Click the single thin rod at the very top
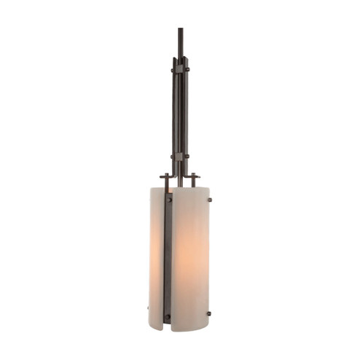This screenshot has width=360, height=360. [179, 40]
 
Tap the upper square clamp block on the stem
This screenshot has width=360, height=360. [179, 69]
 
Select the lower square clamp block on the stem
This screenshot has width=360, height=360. [179, 156]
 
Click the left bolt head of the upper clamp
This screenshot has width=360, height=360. [173, 69]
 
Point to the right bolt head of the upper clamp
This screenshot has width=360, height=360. [187, 69]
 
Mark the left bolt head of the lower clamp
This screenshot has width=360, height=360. [173, 156]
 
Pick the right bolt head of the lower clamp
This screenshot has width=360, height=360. [187, 156]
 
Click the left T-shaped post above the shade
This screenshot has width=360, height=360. [165, 179]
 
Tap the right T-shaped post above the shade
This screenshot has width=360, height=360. [194, 179]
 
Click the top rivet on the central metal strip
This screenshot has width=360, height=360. [168, 199]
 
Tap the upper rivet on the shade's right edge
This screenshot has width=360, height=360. [209, 200]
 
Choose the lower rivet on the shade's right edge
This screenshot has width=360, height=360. [209, 313]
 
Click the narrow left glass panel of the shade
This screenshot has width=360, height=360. [157, 255]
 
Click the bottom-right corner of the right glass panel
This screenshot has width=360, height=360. [208, 327]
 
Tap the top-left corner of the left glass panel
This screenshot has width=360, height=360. [152, 189]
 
